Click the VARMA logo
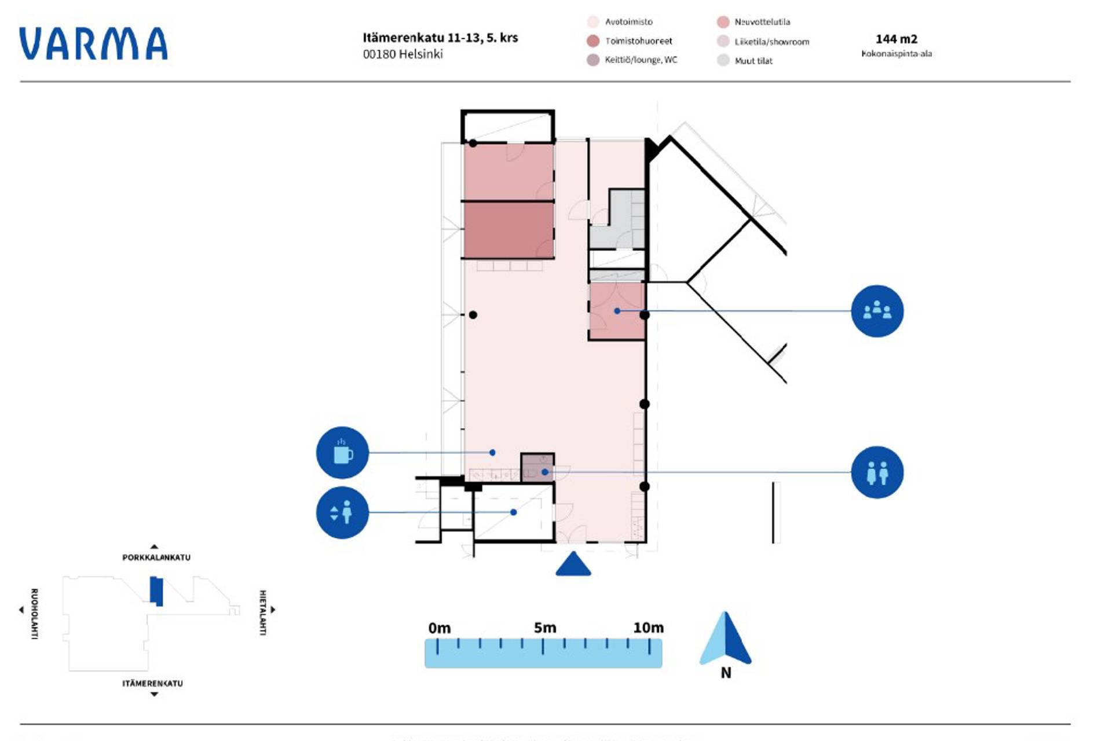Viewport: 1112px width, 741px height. coord(93,44)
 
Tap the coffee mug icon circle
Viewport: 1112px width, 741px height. coord(342,453)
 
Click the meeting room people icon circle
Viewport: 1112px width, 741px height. coord(877,311)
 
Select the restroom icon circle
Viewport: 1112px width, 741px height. coord(877,472)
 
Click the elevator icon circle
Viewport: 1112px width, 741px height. coord(342,513)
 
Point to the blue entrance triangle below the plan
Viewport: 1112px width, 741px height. coord(573,565)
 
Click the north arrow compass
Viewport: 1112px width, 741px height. coord(725,640)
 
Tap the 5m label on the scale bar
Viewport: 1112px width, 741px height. coord(544,628)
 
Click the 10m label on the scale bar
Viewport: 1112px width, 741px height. coord(648,628)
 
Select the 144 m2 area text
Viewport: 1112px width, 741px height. coord(896,39)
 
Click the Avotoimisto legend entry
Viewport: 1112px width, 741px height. coord(628,22)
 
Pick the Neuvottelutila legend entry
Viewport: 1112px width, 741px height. coord(762,22)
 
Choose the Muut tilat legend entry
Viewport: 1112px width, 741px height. coord(753,61)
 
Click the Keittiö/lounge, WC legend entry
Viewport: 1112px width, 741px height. coord(641,60)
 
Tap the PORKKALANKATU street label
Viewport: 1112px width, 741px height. coord(156,557)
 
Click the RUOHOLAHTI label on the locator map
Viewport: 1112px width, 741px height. coord(34,614)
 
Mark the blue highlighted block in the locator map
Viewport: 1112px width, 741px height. coord(156,591)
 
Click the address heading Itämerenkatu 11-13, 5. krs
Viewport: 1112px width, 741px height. coord(440,38)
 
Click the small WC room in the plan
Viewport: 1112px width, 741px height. coord(537,467)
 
